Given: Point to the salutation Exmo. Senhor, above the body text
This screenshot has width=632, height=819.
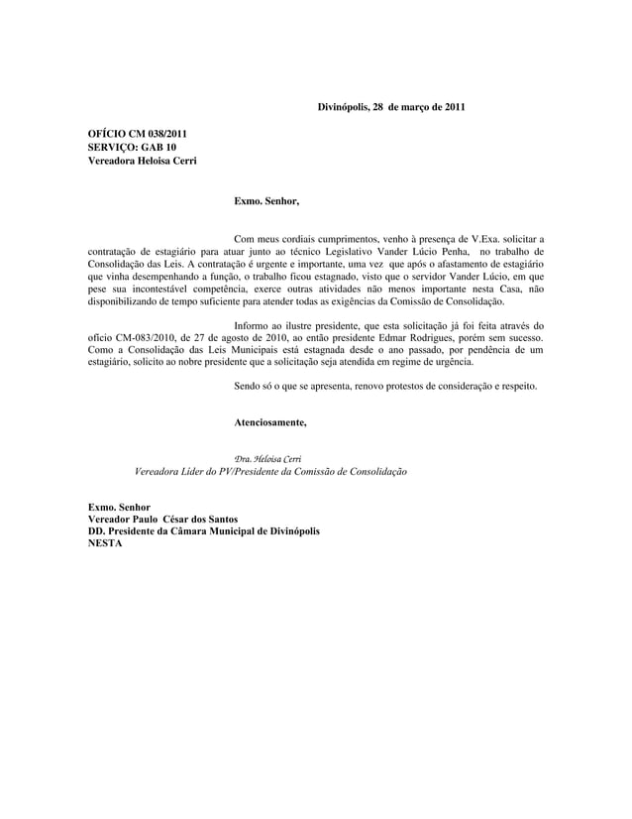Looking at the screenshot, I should coord(264,201).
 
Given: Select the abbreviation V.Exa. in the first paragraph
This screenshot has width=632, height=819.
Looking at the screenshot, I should coord(485,240).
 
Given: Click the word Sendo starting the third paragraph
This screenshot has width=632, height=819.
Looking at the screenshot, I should coord(247,386).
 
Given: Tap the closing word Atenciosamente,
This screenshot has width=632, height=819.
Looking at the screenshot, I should coord(269,423).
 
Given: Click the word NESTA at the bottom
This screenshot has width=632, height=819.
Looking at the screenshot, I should coord(106,544).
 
